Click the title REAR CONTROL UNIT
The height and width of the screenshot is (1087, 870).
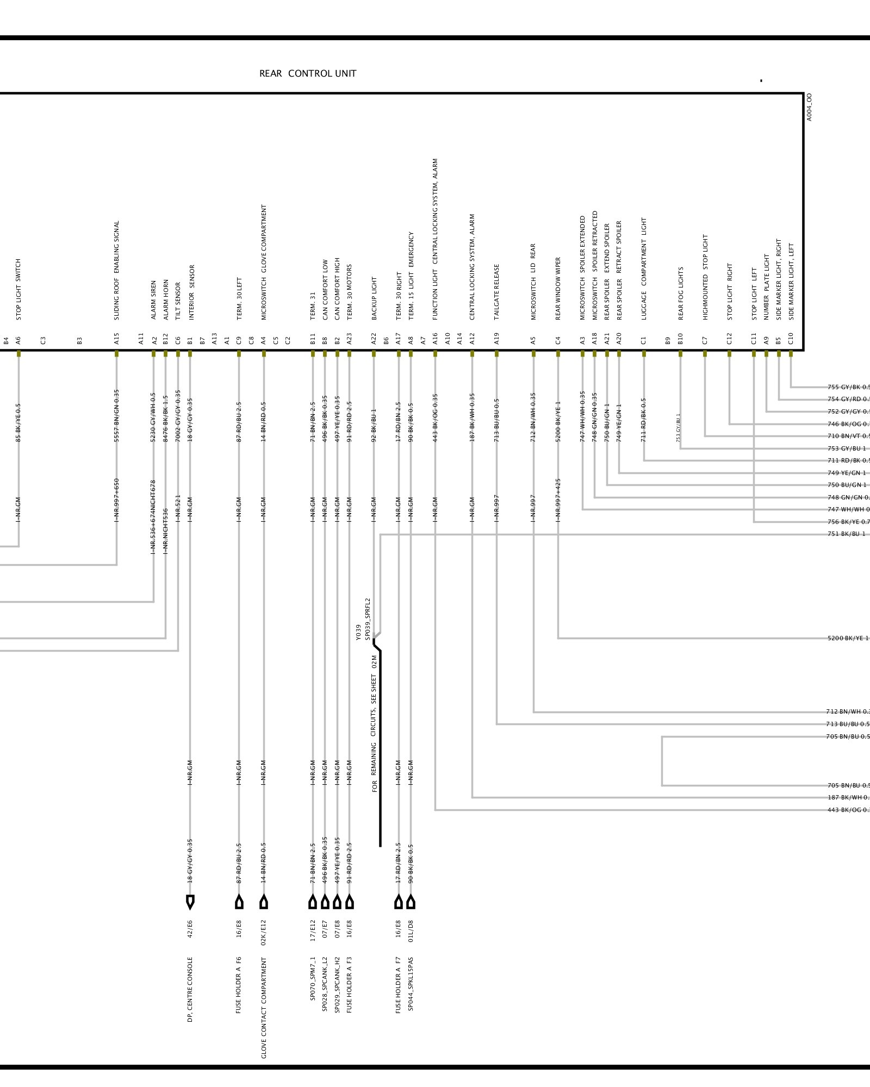point(308,73)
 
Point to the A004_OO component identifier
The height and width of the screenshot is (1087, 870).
point(809,107)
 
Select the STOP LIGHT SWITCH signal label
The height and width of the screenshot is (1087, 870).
point(18,289)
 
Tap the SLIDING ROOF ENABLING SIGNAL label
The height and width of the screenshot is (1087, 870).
point(116,270)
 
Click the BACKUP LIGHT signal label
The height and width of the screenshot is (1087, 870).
point(374,298)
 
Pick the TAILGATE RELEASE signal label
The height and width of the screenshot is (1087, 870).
point(496,292)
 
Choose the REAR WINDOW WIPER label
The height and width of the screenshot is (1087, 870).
point(558,288)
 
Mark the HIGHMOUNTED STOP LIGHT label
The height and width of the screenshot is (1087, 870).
point(705,277)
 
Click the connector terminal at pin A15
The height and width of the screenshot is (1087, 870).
point(116,353)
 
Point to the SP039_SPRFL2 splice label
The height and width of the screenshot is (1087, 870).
point(367,619)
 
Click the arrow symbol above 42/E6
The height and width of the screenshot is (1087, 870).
point(190,902)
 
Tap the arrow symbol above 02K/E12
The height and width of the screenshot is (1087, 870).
point(264,902)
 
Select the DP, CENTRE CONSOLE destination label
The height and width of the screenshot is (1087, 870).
point(190,989)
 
